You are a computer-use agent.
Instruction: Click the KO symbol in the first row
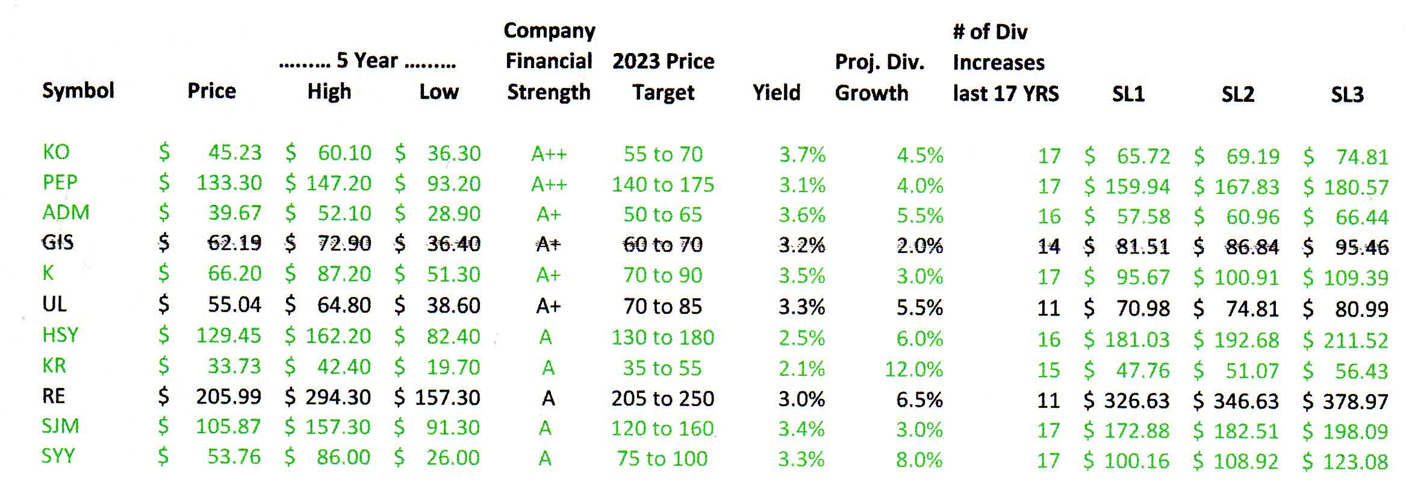(56, 152)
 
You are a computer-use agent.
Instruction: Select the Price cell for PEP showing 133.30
(229, 183)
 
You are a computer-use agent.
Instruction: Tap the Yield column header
(776, 93)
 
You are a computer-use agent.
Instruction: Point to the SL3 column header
(1347, 95)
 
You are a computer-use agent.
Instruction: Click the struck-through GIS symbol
(58, 242)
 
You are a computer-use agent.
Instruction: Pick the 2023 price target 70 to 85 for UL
(662, 307)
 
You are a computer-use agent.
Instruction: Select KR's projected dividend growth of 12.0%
(913, 369)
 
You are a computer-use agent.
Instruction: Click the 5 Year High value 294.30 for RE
(337, 398)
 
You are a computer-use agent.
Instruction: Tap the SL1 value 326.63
(1136, 401)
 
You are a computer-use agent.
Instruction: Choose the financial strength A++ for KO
(549, 154)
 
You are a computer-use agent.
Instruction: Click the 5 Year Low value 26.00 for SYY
(453, 458)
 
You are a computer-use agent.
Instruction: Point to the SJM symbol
(60, 427)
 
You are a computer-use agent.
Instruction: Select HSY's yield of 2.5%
(801, 338)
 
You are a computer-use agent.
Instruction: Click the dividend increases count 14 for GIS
(1048, 246)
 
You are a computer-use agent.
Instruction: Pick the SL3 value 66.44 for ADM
(1361, 217)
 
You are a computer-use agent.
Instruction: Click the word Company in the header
(549, 31)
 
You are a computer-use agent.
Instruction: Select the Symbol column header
(78, 91)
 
